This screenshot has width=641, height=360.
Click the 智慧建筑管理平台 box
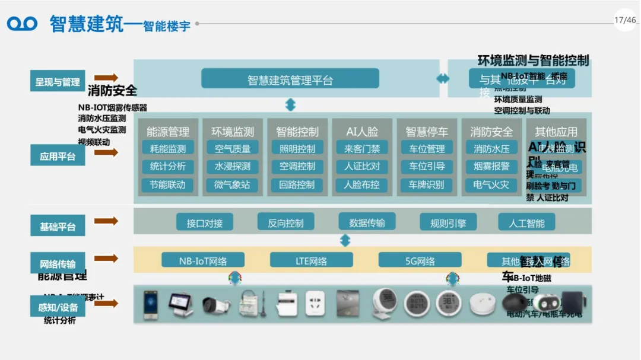[x=290, y=79]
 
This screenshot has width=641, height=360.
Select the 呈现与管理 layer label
[x=58, y=81]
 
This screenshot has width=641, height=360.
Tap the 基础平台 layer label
[x=58, y=226]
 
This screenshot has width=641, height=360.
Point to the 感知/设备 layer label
[x=58, y=307]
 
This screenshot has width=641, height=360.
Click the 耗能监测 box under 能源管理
[x=167, y=148]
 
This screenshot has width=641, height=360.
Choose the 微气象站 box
[x=232, y=184]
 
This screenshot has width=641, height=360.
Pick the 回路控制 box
[x=297, y=184]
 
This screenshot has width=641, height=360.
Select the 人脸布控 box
[x=361, y=184]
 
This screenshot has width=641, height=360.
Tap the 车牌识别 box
[x=426, y=184]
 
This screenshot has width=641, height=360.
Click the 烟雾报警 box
[x=491, y=167]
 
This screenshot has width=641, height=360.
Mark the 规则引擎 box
[x=448, y=222]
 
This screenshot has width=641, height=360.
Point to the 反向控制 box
[x=285, y=222]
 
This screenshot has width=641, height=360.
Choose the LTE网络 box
[x=311, y=260]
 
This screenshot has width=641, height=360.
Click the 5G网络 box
[x=420, y=260]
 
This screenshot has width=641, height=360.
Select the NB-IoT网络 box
[x=203, y=260]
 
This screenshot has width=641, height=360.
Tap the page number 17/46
[x=625, y=20]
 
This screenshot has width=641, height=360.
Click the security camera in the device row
[x=216, y=304]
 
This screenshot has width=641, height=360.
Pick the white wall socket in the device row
[x=315, y=304]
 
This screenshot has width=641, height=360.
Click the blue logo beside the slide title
[x=22, y=24]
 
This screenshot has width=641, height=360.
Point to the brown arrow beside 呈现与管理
[x=106, y=78]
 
